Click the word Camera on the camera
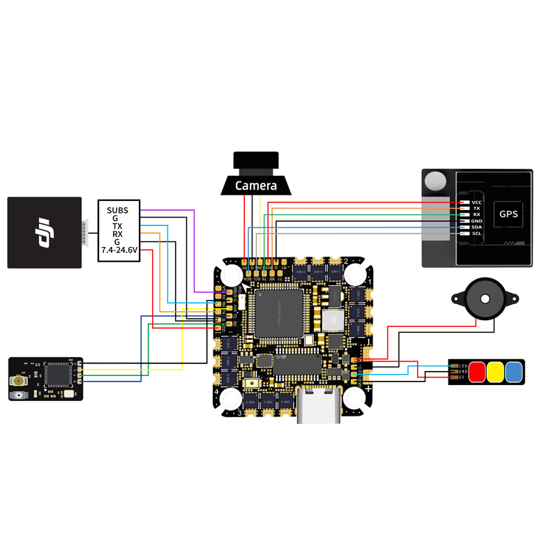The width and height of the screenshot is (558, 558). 256,186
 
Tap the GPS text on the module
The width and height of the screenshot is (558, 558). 508,214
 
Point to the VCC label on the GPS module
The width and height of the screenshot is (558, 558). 477,202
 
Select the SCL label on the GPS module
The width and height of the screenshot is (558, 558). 477,233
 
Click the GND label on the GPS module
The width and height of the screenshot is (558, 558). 477,220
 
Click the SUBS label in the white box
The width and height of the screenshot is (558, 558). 118,210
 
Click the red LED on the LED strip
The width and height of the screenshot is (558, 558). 478,372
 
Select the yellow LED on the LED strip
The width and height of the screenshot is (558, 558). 496,372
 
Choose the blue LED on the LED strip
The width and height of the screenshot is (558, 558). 514,372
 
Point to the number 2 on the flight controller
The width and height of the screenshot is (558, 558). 345,262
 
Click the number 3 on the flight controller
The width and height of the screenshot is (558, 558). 240,413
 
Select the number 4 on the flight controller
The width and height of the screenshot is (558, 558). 216,391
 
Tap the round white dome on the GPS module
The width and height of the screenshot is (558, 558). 436,181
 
